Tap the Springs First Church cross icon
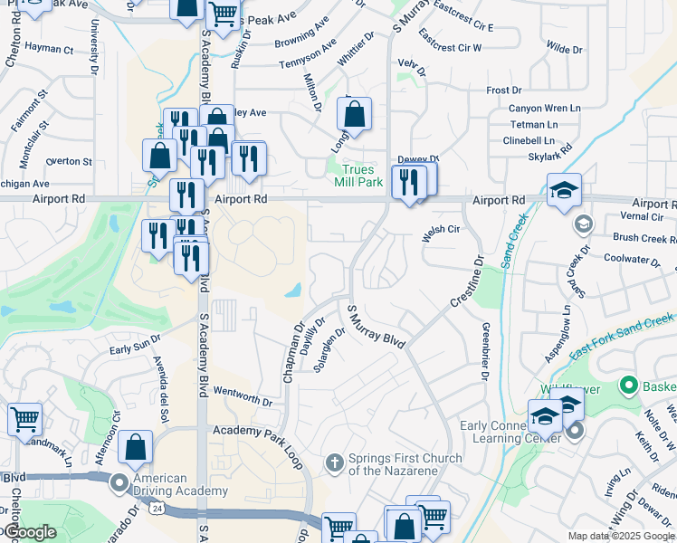334,463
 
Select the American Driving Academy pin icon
119,483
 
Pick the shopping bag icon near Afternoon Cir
135,447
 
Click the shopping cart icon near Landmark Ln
24,419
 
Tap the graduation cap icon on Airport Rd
564,190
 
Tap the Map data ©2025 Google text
621,536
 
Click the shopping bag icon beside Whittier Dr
354,114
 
